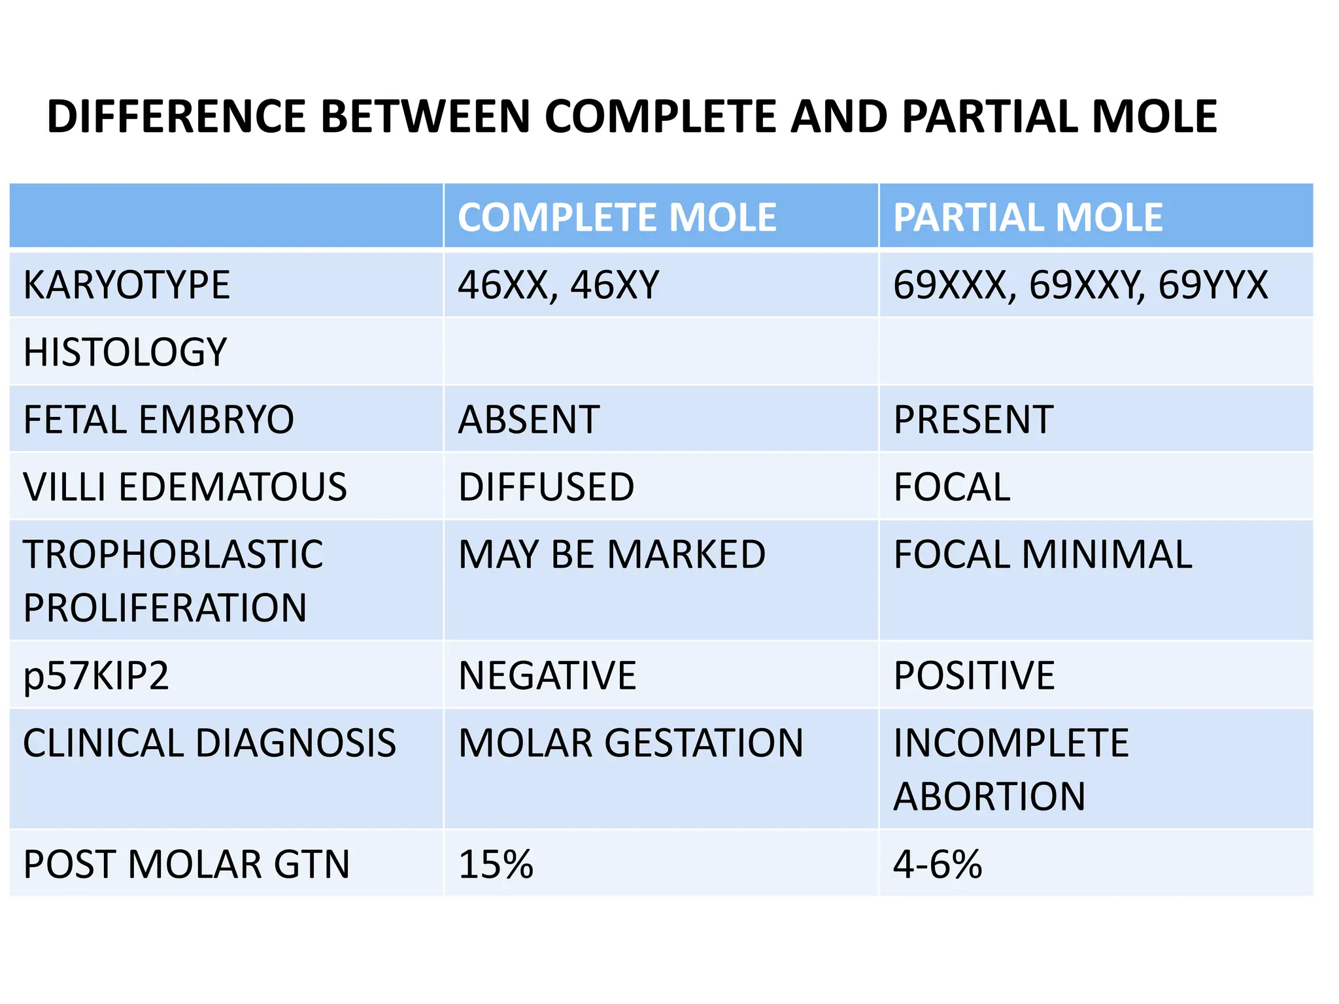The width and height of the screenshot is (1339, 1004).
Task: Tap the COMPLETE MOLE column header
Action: click(617, 217)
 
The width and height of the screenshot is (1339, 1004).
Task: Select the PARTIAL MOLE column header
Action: click(1028, 217)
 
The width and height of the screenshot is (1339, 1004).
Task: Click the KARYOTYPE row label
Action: click(126, 285)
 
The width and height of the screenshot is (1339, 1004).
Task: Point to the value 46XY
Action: click(615, 285)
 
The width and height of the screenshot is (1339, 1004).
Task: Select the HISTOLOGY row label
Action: click(125, 352)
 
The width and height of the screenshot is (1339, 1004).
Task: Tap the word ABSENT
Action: click(529, 420)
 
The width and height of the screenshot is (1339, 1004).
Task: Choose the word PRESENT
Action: click(973, 420)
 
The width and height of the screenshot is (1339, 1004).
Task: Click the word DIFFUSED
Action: click(546, 487)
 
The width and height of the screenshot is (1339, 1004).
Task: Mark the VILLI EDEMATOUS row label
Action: click(185, 487)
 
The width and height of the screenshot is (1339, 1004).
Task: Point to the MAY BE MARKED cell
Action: click(611, 555)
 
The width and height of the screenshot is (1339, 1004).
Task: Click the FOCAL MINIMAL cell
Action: click(1043, 555)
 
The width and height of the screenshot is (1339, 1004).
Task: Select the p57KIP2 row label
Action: click(96, 676)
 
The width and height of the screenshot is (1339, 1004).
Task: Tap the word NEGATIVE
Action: click(547, 676)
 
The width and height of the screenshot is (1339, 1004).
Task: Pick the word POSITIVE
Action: click(974, 676)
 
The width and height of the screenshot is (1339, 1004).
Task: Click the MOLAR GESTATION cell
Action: click(630, 743)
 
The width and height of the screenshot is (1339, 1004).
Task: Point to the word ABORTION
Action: click(989, 797)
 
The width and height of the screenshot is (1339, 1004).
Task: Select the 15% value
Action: click(496, 864)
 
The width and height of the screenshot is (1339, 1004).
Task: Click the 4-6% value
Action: click(938, 864)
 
